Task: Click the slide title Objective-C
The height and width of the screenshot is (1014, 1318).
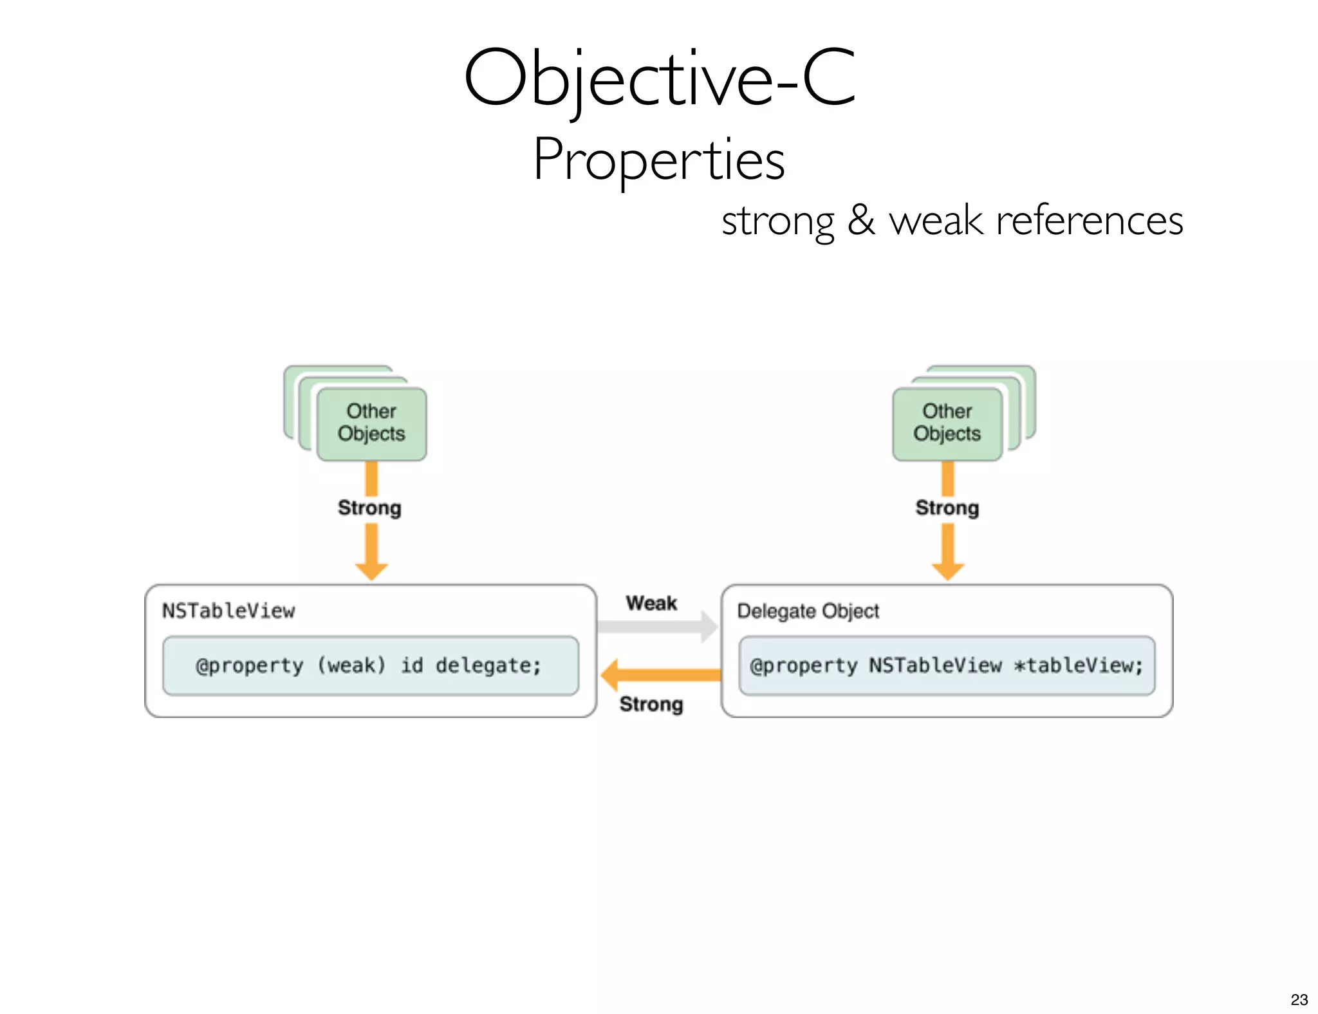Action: (x=659, y=78)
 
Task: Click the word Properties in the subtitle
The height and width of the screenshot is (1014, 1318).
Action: (x=659, y=160)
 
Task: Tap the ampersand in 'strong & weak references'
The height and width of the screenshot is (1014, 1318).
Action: (x=861, y=220)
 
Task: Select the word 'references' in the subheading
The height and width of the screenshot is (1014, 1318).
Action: (x=1089, y=220)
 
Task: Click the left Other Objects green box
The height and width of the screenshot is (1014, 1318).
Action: (x=371, y=423)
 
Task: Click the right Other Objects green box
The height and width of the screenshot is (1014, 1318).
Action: (x=947, y=423)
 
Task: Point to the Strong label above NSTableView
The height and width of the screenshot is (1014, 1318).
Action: (x=369, y=508)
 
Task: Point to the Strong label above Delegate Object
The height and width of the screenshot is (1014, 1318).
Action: (x=947, y=508)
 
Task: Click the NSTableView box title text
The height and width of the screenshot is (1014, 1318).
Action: (x=228, y=611)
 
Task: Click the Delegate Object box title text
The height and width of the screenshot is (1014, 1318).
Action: (x=808, y=611)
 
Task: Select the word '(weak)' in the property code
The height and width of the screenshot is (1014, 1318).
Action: (x=351, y=665)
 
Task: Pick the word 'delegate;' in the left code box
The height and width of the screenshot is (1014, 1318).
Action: (x=488, y=665)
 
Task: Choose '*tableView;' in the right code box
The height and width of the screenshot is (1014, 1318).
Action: (x=1078, y=665)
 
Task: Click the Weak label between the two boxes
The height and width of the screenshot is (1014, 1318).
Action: (x=651, y=603)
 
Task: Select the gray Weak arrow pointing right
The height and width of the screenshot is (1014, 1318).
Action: (x=656, y=627)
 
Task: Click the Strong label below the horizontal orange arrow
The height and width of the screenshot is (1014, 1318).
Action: (x=651, y=704)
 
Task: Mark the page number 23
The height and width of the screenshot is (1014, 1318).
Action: (x=1299, y=999)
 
